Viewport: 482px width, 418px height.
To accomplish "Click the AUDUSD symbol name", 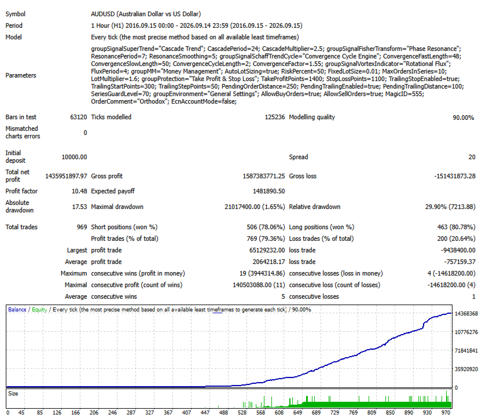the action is pyautogui.click(x=102, y=14).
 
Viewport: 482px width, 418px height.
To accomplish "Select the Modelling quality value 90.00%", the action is pyautogui.click(x=463, y=118).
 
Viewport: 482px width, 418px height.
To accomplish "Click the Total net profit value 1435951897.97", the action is pyautogui.click(x=66, y=176).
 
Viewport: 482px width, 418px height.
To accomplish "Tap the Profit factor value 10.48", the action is pyautogui.click(x=79, y=191).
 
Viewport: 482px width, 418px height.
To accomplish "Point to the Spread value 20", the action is pyautogui.click(x=472, y=157).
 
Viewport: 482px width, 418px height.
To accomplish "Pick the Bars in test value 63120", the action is pyautogui.click(x=79, y=117).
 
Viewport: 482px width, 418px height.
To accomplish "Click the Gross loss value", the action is pyautogui.click(x=455, y=176).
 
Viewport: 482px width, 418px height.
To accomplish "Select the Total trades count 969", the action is pyautogui.click(x=82, y=227).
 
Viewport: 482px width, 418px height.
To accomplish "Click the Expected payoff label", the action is pyautogui.click(x=113, y=191).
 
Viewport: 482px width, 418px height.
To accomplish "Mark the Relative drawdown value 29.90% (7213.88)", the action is pyautogui.click(x=450, y=207).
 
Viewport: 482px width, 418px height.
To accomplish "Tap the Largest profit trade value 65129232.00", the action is pyautogui.click(x=267, y=250).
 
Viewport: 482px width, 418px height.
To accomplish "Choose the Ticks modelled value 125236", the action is pyautogui.click(x=275, y=117).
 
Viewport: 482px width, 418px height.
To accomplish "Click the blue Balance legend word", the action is pyautogui.click(x=17, y=310).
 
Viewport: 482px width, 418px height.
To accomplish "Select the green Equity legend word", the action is pyautogui.click(x=39, y=310).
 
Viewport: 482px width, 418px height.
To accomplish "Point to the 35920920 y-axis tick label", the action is pyautogui.click(x=466, y=369).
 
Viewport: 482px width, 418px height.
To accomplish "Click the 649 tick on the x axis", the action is pyautogui.click(x=297, y=412).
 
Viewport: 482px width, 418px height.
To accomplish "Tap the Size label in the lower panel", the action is pyautogui.click(x=13, y=394).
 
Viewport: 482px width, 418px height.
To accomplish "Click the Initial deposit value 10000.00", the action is pyautogui.click(x=75, y=157).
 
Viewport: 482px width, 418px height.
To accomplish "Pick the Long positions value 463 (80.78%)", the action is pyautogui.click(x=456, y=227).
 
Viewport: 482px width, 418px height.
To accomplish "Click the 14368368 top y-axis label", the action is pyautogui.click(x=466, y=314).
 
